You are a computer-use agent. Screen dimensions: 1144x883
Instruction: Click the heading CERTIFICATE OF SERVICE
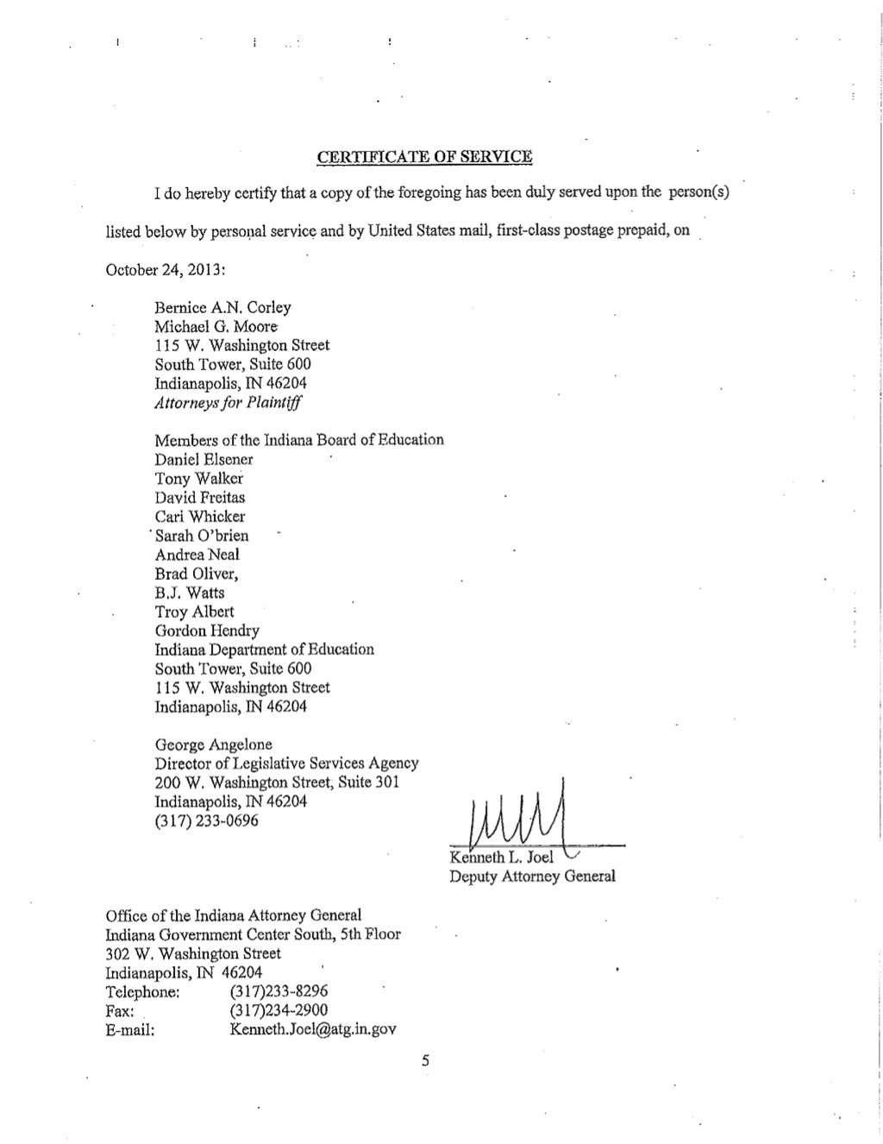(424, 157)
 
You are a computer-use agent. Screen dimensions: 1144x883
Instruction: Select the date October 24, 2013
(165, 269)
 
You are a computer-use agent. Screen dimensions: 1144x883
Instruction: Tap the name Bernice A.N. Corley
(222, 307)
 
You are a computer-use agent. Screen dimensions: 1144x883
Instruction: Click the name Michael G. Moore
(216, 326)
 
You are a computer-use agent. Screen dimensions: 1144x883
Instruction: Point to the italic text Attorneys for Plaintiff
(229, 402)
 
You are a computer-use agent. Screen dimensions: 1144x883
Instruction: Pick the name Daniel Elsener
(204, 459)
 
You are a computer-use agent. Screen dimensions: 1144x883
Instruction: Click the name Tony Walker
(198, 478)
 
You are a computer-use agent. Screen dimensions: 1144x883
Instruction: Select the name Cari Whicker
(200, 516)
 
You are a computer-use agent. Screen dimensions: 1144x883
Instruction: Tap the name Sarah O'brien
(202, 535)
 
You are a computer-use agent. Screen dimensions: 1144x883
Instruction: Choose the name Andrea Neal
(197, 554)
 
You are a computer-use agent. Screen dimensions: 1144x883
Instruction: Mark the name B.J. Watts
(190, 592)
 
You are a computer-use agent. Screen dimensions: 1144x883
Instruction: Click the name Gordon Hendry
(207, 630)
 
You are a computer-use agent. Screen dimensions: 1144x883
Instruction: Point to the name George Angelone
(213, 744)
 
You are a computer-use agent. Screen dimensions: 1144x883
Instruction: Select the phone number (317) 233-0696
(206, 820)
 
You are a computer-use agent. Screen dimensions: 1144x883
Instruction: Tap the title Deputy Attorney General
(532, 877)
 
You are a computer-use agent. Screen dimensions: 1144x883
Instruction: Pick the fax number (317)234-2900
(279, 1009)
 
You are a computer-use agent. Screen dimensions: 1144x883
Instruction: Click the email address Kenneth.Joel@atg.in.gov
(313, 1028)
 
